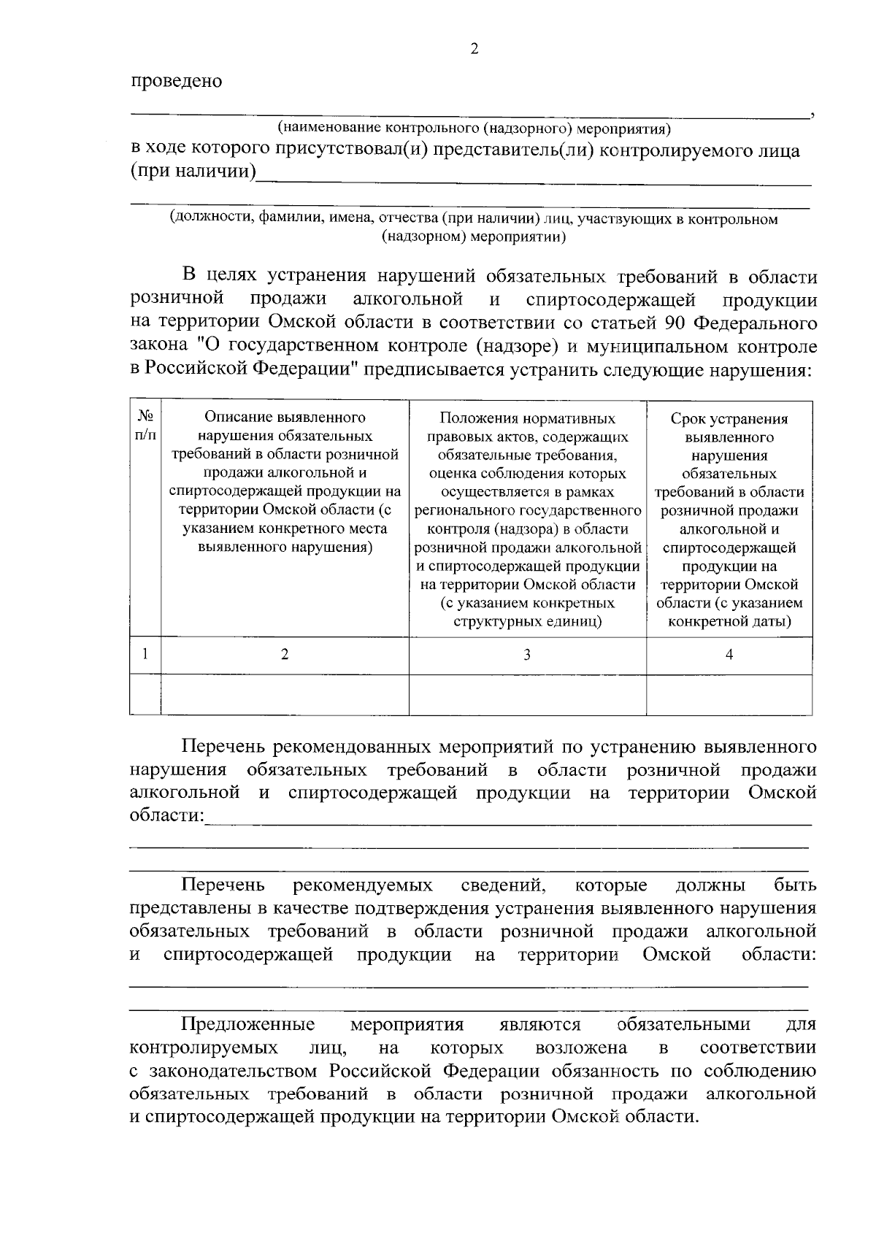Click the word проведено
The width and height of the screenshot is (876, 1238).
(x=176, y=81)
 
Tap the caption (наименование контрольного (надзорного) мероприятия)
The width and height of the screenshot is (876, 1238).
(x=474, y=129)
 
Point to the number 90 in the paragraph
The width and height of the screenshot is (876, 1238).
(x=676, y=323)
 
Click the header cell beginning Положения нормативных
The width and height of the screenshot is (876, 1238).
(x=527, y=519)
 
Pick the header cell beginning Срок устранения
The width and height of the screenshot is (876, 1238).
(x=729, y=519)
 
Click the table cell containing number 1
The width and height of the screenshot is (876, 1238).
(x=145, y=654)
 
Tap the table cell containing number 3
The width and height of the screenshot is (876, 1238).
(x=527, y=655)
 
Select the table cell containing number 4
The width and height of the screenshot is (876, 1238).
(x=729, y=655)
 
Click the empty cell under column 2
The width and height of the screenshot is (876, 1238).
(x=285, y=693)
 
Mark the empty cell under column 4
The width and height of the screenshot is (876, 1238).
(x=729, y=693)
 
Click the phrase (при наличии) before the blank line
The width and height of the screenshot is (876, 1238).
(x=193, y=174)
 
